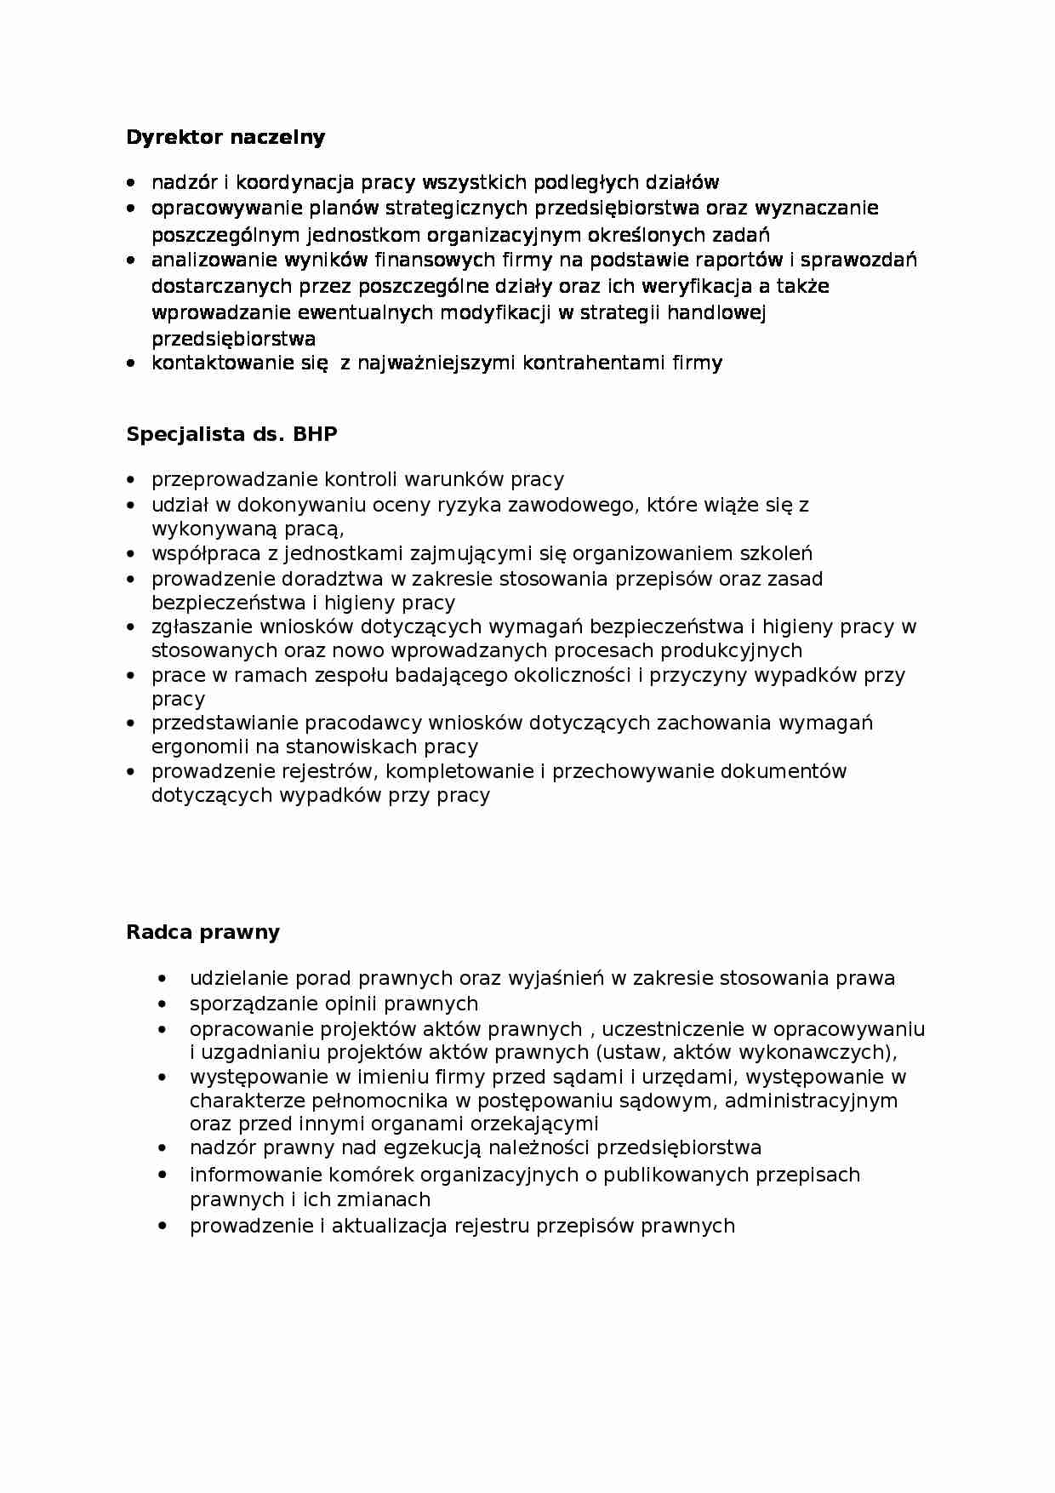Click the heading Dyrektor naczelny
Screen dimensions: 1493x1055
[225, 137]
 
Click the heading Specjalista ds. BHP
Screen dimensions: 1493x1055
[231, 434]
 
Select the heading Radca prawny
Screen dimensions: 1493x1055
[202, 932]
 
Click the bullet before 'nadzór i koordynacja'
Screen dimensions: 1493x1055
[130, 183]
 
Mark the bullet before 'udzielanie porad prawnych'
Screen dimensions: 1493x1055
[163, 979]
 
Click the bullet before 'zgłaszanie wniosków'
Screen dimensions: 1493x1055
[130, 627]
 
